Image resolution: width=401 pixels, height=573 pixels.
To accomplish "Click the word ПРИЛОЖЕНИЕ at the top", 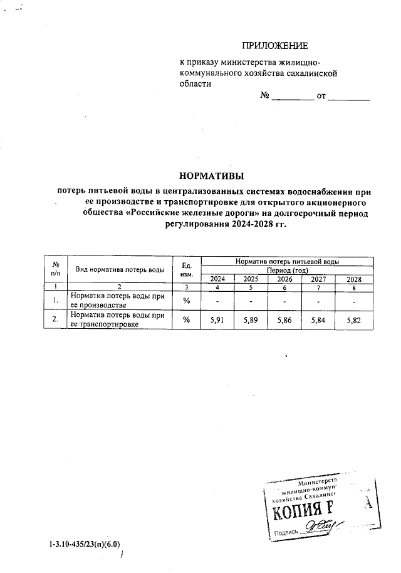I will pyautogui.click(x=275, y=45).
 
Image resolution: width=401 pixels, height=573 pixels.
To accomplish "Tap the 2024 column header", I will pyautogui.click(x=217, y=279).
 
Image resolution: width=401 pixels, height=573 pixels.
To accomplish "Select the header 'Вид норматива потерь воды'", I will pyautogui.click(x=120, y=269).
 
